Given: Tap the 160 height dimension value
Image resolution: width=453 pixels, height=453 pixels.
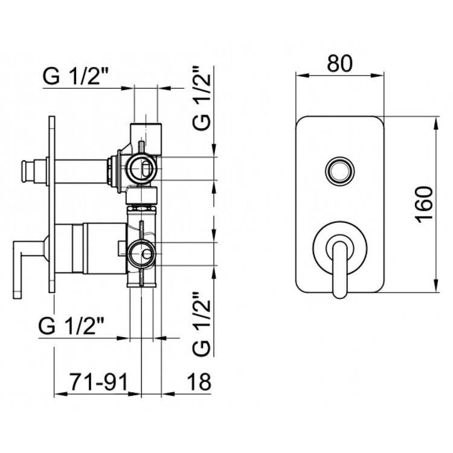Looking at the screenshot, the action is tap(425, 205).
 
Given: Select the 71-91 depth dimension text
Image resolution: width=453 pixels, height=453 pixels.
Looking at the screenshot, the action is tap(98, 382).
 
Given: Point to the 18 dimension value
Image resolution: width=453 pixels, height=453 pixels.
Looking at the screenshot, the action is tap(199, 382).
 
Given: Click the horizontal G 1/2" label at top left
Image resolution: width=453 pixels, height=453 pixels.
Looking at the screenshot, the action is tap(75, 76).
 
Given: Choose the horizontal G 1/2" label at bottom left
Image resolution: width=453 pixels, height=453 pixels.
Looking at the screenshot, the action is tap(71, 326).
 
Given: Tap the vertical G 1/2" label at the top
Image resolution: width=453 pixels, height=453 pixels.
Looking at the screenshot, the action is tap(201, 98).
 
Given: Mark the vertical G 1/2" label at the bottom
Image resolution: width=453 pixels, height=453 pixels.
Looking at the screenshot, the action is tap(201, 324).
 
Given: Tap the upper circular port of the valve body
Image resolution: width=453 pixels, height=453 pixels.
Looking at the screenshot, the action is tap(143, 169).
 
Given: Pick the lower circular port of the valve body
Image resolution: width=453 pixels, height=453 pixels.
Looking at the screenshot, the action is tap(143, 254).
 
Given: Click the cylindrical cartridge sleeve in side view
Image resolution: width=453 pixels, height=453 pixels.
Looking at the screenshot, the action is tap(104, 248).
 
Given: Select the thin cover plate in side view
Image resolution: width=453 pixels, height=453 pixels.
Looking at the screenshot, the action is tap(52, 205).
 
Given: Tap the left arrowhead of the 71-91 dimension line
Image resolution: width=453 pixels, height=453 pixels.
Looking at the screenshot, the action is tap(60, 393).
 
